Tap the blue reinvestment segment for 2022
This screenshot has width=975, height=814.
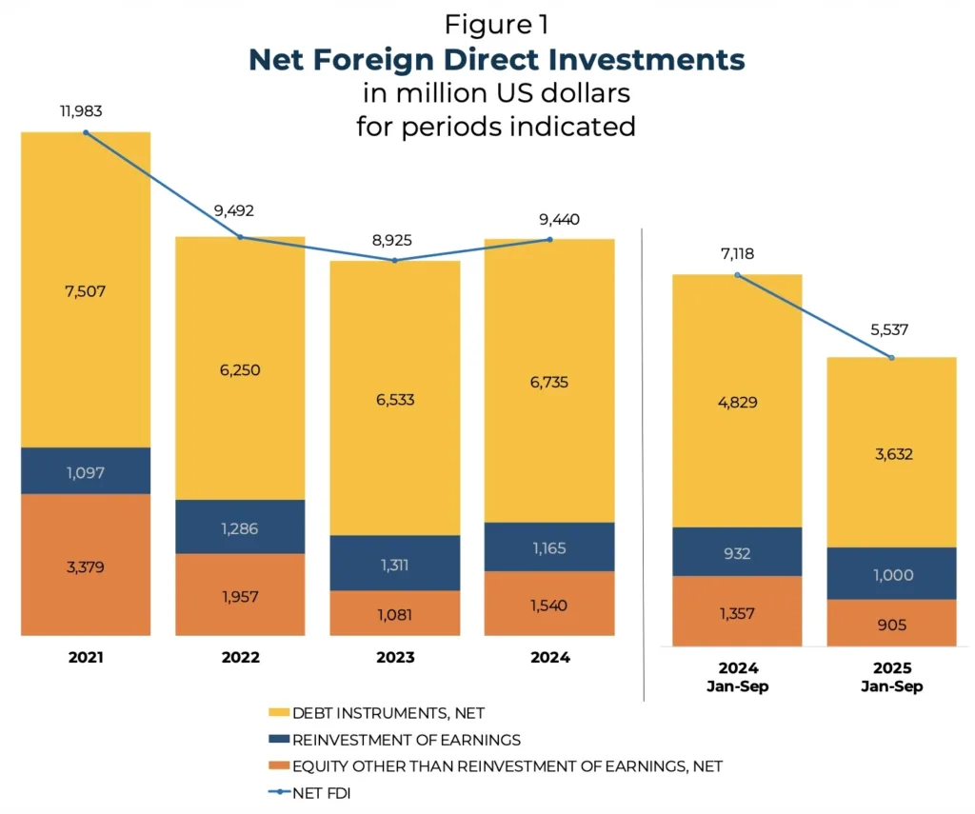pos(240,526)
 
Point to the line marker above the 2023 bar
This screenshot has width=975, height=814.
pos(395,260)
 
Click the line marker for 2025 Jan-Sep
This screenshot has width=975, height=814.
pos(891,358)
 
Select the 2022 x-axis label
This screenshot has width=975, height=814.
pos(240,657)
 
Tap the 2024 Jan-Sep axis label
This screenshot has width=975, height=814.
pos(737,677)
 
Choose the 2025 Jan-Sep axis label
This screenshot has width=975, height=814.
pos(891,677)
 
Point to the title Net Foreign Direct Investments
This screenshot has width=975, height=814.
pos(496,59)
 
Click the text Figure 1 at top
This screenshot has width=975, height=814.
pos(496,24)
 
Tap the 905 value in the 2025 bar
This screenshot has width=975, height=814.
pos(891,625)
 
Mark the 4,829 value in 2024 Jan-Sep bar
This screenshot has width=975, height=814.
pos(737,401)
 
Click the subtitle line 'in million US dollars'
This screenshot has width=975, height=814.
pos(496,94)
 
